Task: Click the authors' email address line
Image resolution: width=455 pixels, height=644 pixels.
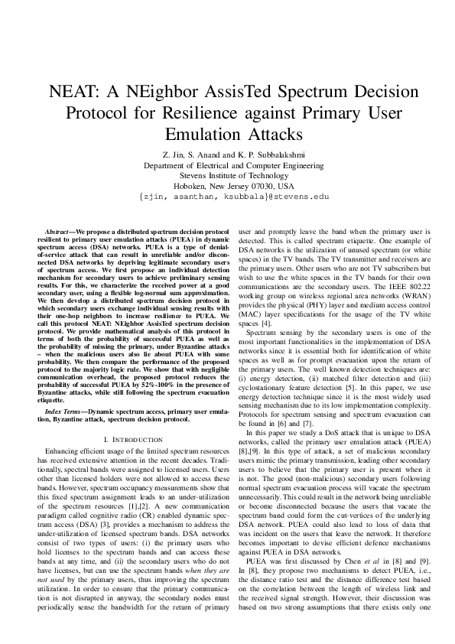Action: [x=227, y=197]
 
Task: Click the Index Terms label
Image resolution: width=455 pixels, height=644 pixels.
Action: [x=64, y=411]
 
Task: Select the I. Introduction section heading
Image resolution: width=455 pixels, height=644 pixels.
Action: [x=132, y=440]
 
